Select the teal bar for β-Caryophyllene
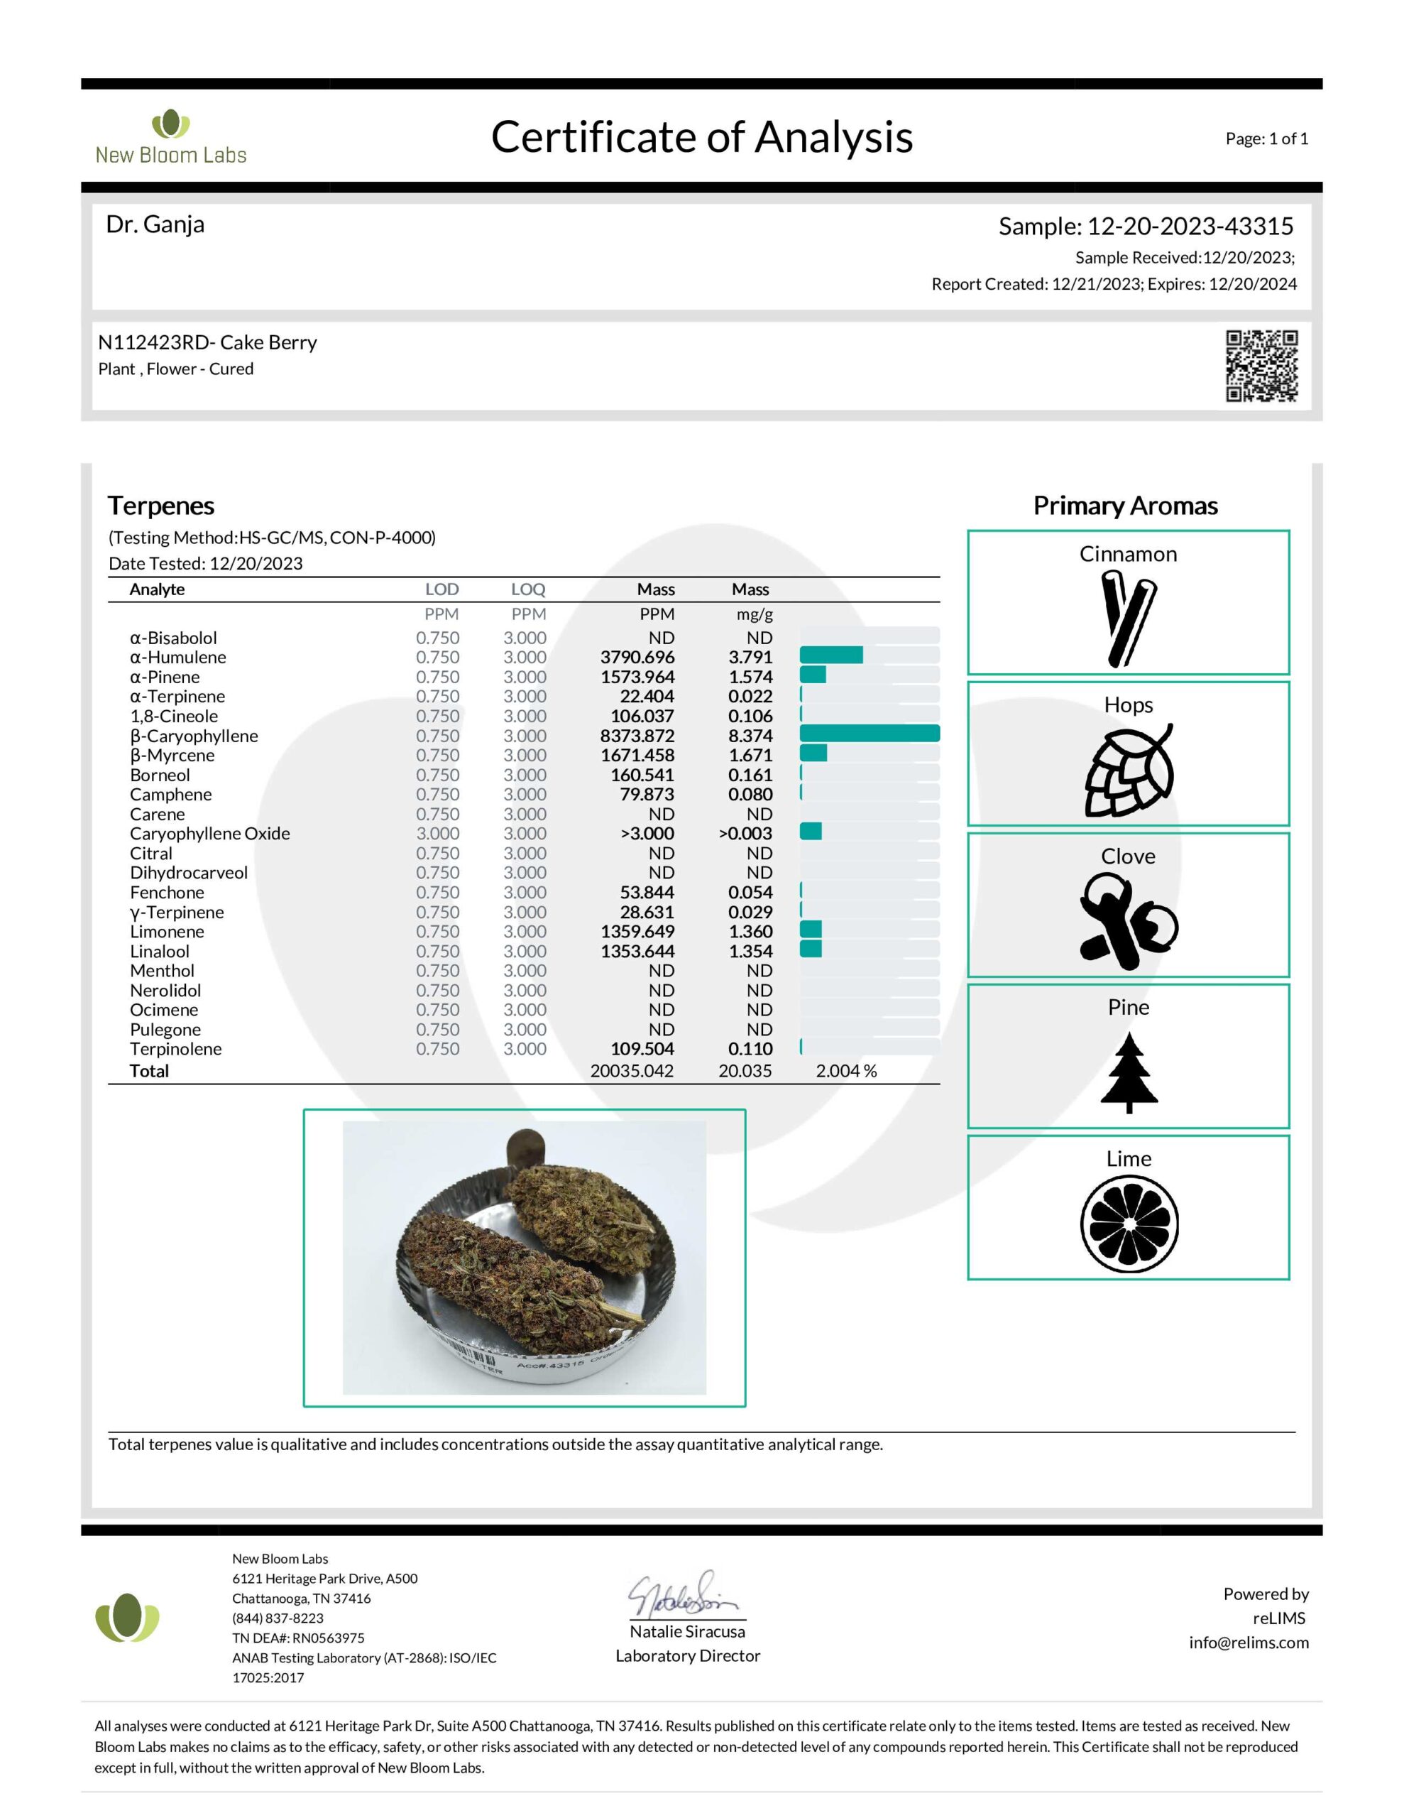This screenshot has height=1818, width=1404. tap(869, 734)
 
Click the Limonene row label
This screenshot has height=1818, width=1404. tap(166, 932)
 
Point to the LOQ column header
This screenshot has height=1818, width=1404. tap(527, 589)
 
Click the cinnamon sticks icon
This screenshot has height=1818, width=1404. tap(1128, 618)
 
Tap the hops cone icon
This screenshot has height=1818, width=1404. tap(1128, 771)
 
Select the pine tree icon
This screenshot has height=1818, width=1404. tap(1128, 1072)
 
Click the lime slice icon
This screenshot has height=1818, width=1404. tap(1129, 1224)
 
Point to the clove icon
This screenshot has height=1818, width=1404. tap(1128, 922)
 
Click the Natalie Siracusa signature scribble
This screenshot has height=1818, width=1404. tap(681, 1595)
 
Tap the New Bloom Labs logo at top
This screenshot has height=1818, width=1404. tap(170, 137)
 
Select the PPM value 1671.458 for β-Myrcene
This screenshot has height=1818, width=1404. tap(637, 755)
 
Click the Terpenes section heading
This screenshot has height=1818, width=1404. tap(160, 506)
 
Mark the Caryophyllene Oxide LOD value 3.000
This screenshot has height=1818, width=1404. tap(437, 833)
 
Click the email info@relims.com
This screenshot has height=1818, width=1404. tap(1248, 1643)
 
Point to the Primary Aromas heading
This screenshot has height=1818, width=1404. tap(1125, 506)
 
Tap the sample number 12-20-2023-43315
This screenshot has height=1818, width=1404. tap(1190, 227)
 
